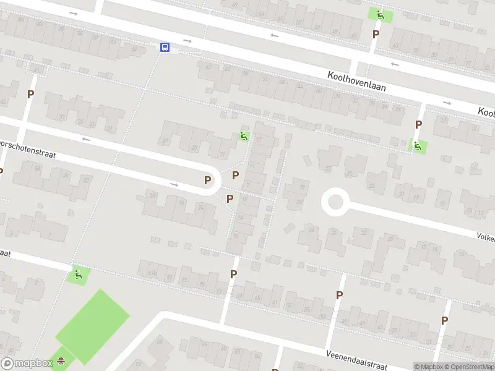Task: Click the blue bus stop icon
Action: [x=165, y=47]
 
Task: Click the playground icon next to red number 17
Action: [x=244, y=136]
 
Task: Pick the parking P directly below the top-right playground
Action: [x=375, y=35]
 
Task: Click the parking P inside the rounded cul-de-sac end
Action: [x=208, y=181]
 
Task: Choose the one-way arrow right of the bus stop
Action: [x=187, y=41]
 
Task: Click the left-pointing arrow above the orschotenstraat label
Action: [x=86, y=139]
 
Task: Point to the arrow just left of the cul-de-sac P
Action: [x=174, y=184]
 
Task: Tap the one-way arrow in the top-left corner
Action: [x=74, y=13]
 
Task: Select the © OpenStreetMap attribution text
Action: [x=473, y=367]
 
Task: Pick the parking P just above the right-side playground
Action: [x=418, y=125]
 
